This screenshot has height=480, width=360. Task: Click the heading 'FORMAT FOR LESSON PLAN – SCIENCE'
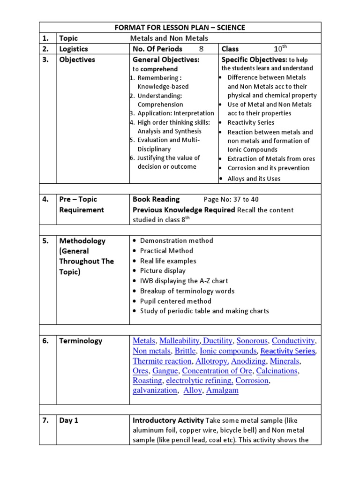(180, 28)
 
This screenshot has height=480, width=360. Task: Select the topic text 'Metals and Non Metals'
(169, 38)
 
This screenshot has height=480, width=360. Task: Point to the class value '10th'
(280, 48)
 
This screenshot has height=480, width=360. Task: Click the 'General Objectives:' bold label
(166, 60)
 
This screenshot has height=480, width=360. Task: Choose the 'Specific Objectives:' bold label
(254, 60)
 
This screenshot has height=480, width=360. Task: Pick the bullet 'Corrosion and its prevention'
(268, 168)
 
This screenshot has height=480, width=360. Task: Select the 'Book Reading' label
(156, 199)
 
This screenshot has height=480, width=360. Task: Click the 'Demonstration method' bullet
(176, 240)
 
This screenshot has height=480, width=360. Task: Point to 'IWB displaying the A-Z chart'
(184, 281)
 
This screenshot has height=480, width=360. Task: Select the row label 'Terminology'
(80, 341)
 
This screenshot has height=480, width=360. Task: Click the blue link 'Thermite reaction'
(162, 361)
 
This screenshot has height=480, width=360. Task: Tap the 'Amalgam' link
(222, 390)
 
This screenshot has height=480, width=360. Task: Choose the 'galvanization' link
(155, 390)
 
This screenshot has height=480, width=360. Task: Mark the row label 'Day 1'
(69, 420)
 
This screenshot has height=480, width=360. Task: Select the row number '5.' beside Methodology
(46, 241)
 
